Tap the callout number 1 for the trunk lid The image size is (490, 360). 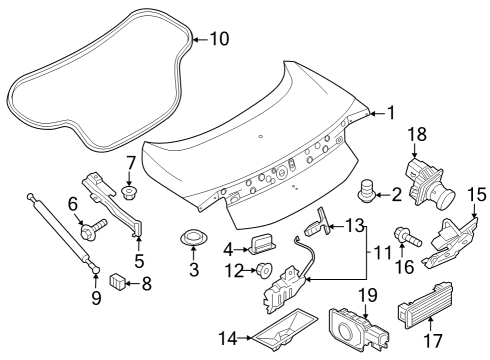(391, 113)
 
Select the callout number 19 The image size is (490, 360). (367, 295)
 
